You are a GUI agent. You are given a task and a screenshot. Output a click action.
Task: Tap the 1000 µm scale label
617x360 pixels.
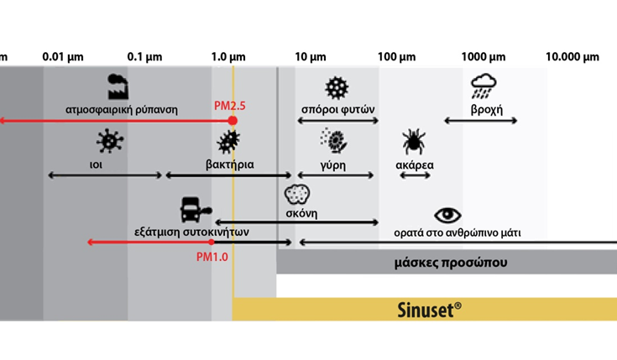coord(484,57)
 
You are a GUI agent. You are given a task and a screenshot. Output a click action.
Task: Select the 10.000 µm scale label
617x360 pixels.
coord(573,57)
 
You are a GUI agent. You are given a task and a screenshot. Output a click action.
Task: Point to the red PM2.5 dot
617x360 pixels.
coord(233,121)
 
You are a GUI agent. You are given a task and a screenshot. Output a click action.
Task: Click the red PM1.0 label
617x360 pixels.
coord(212,256)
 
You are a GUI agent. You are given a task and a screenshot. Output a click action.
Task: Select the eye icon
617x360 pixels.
coord(447,216)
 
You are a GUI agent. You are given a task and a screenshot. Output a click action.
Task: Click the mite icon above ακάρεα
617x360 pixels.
coord(413,141)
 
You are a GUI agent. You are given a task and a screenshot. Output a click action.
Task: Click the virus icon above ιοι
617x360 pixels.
coord(107,141)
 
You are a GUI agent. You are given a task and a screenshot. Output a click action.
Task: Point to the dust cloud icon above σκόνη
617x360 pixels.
coord(297,196)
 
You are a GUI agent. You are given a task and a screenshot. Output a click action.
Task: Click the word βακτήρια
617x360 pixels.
coord(229,164)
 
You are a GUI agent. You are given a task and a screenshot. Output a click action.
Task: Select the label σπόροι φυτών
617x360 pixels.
coord(337,109)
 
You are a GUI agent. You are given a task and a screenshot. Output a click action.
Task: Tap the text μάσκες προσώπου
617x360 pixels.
coord(450,263)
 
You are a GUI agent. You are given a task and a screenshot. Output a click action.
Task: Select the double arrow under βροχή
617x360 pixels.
coord(480,122)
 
